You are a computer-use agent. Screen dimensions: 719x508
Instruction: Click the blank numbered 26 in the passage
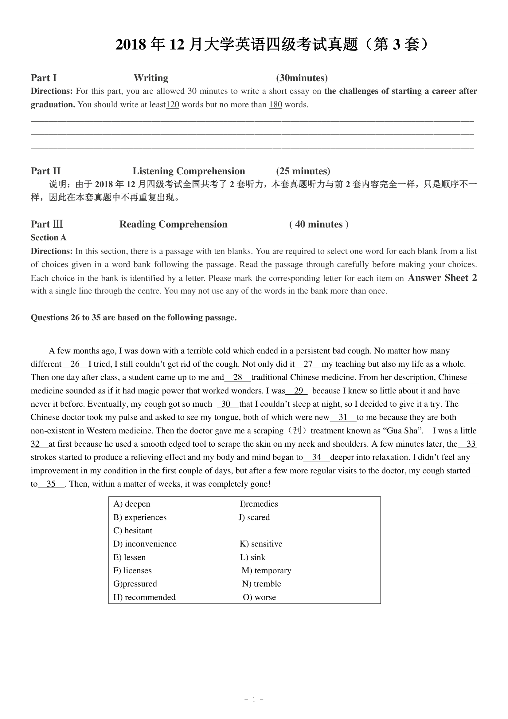75,364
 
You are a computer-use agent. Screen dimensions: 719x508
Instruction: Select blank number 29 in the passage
299,390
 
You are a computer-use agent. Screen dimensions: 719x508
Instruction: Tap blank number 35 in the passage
51,484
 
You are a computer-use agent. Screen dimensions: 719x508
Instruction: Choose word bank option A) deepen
132,504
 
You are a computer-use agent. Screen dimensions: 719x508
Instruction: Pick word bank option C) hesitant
133,531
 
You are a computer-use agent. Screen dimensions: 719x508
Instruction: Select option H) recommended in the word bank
144,597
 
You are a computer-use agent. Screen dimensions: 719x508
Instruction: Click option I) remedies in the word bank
259,504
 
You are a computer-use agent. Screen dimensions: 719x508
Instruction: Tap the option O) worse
259,597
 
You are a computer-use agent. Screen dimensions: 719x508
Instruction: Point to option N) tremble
261,584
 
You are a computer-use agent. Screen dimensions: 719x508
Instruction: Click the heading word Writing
151,78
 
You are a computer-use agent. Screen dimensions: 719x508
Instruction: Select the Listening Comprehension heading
189,171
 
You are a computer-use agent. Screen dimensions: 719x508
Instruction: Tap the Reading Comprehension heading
173,224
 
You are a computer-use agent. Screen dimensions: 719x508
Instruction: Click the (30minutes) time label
302,78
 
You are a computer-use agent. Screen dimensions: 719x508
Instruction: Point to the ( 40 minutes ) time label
319,224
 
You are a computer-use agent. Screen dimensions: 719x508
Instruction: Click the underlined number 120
172,105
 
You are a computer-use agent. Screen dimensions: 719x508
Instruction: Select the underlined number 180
275,105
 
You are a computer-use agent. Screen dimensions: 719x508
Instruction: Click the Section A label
49,238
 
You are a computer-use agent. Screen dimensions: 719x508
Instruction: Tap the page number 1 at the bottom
254,699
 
